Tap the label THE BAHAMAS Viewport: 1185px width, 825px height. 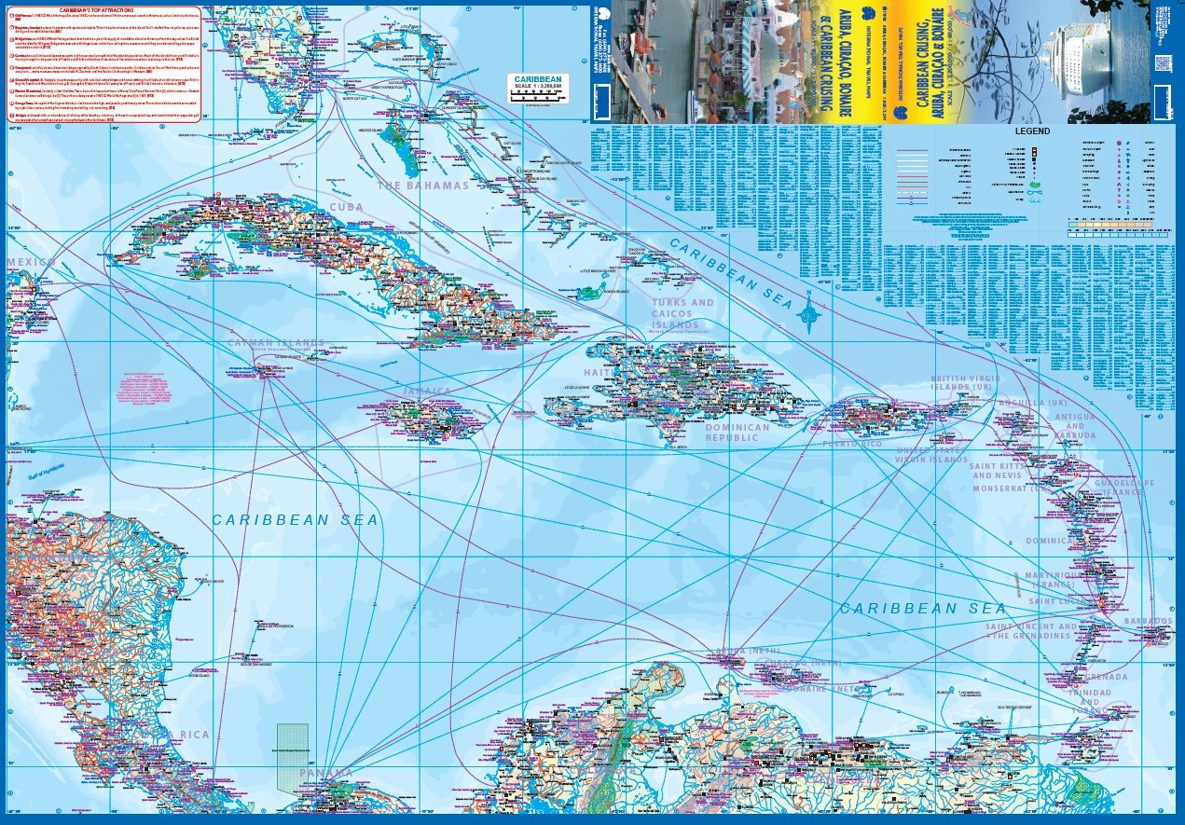[x=422, y=186]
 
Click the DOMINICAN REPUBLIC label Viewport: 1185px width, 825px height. [x=737, y=433]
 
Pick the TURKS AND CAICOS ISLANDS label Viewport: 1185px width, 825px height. [x=682, y=314]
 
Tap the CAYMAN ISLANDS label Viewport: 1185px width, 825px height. [x=277, y=343]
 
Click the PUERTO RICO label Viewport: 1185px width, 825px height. [x=851, y=444]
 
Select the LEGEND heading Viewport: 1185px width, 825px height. [x=1032, y=131]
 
